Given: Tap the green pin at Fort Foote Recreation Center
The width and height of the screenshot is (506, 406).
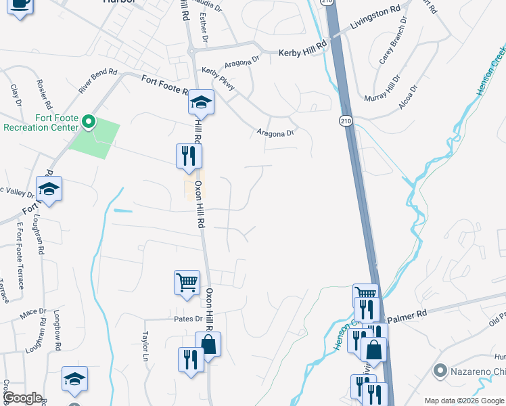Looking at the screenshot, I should click(x=88, y=122).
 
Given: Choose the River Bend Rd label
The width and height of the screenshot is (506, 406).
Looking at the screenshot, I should click(x=97, y=81).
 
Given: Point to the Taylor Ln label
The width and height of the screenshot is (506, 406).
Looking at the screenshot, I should click(x=145, y=345).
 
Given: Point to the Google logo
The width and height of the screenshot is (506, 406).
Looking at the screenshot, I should click(x=22, y=399).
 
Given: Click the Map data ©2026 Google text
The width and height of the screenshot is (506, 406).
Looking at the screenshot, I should click(x=464, y=401).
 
